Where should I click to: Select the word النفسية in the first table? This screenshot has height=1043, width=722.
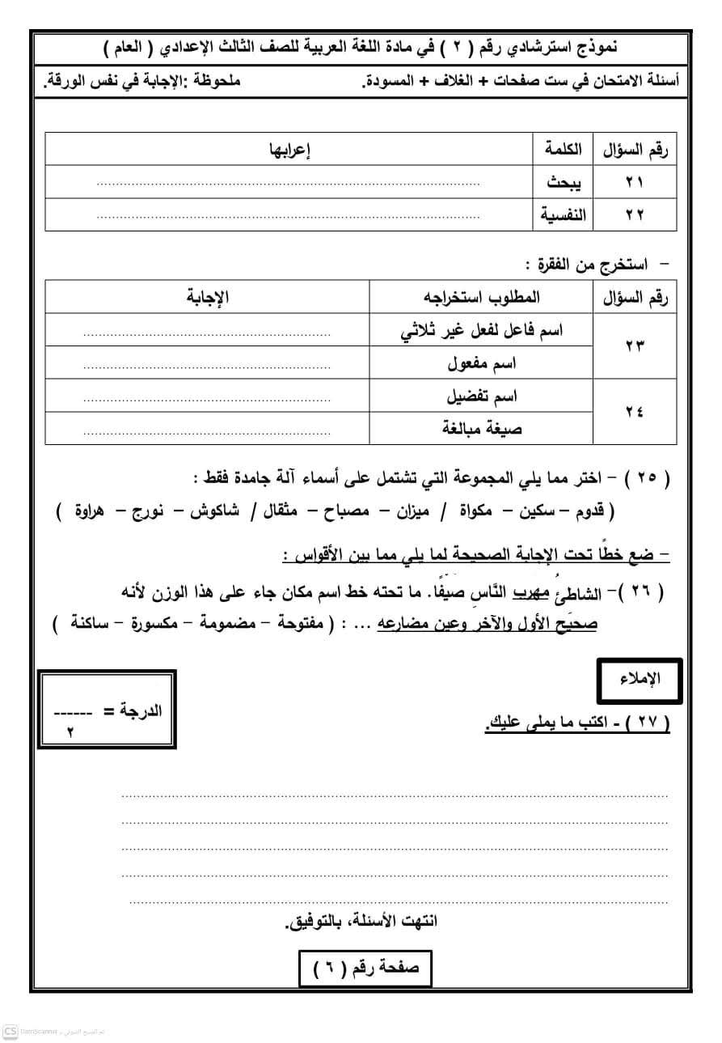(564, 215)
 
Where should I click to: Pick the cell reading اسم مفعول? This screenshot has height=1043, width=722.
(483, 363)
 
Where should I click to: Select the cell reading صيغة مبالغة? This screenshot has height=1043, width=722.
(483, 429)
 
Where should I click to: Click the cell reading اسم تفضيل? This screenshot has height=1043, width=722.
(483, 396)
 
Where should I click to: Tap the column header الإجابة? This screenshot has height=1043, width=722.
(208, 298)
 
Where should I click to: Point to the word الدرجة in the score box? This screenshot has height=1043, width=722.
(141, 711)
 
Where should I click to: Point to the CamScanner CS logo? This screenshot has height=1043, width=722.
(11, 1032)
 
